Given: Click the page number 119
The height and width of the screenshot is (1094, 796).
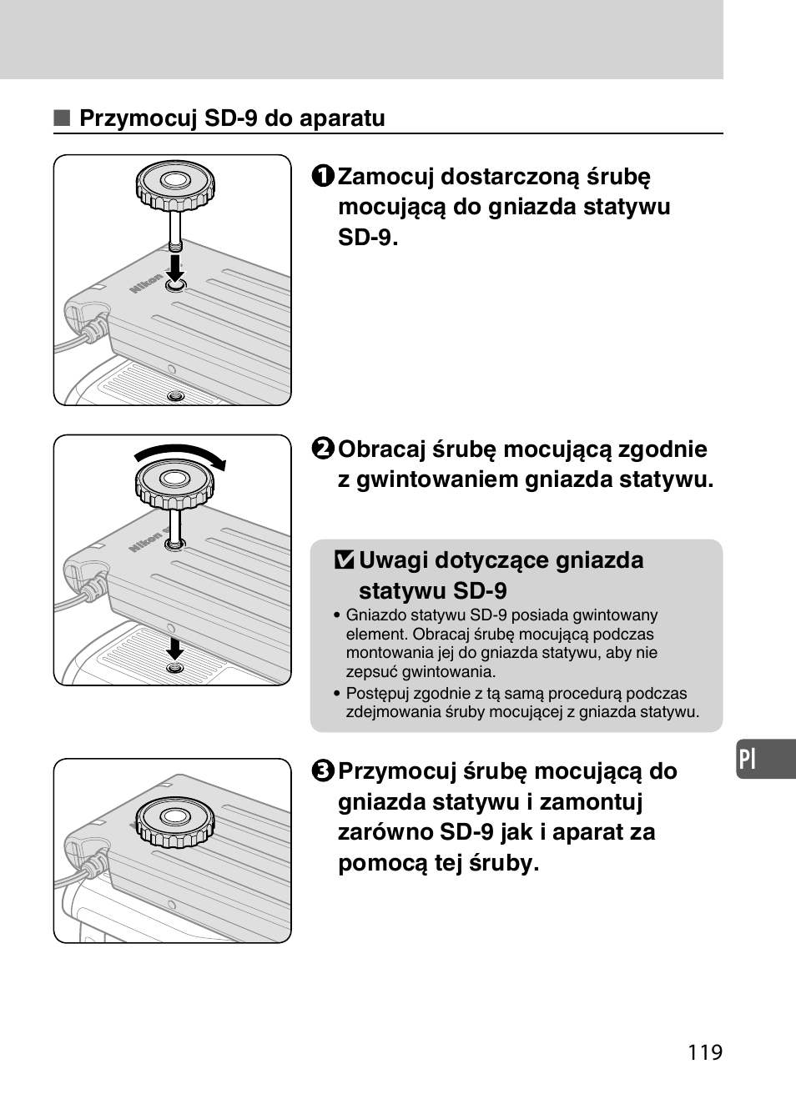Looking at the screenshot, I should (705, 1052).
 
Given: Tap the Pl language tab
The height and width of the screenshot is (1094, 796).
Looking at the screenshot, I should (748, 759).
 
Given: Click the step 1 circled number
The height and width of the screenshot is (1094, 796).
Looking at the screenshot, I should (324, 177).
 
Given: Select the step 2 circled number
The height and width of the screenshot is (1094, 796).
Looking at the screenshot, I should (324, 449).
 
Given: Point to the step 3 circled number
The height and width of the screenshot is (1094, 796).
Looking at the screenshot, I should (324, 771).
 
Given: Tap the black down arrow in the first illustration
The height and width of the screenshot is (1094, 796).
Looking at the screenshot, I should (174, 268).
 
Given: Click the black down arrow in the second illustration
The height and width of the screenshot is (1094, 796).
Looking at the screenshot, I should (174, 649).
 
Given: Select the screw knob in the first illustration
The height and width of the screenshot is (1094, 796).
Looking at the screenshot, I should (175, 184).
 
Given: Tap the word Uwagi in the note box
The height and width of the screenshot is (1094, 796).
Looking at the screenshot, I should (391, 560).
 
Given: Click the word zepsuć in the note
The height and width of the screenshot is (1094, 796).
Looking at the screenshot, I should (371, 672).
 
